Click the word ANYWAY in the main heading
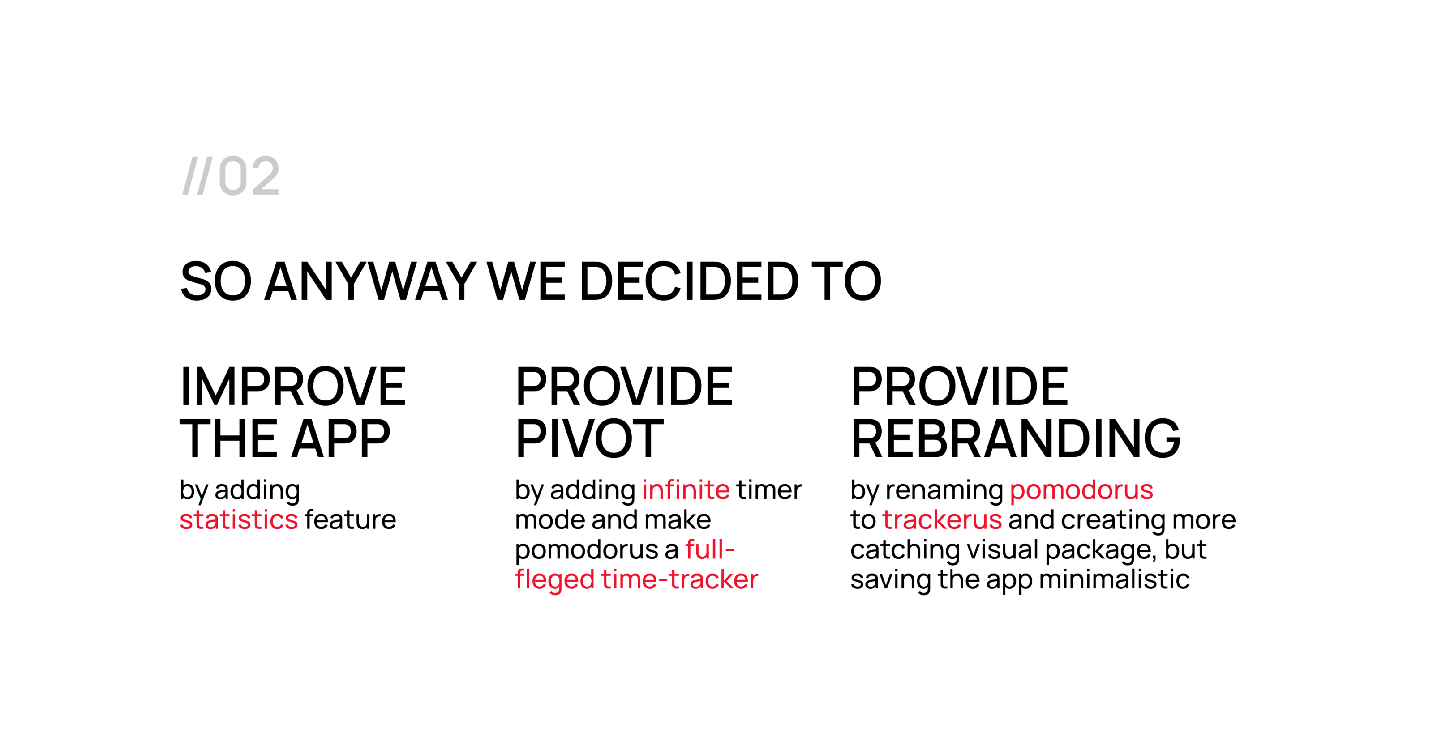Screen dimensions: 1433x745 click(370, 281)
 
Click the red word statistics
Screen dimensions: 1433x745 click(239, 519)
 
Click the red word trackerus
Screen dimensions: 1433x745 click(942, 519)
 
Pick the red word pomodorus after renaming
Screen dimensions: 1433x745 click(1081, 490)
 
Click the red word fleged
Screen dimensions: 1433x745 click(555, 580)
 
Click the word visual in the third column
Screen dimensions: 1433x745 click(1003, 549)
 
